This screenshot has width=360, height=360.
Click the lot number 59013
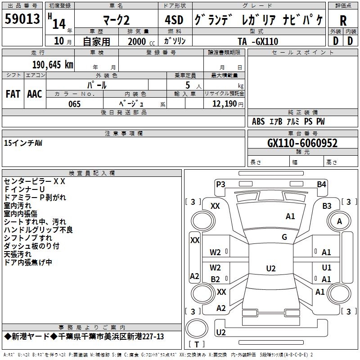click(22, 18)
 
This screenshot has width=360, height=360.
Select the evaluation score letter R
click(343, 21)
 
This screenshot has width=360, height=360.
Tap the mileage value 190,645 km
click(53, 65)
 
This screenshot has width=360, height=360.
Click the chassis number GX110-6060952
click(302, 143)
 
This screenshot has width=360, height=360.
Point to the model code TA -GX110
click(258, 41)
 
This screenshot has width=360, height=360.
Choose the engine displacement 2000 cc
click(141, 41)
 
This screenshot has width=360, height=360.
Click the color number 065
click(74, 104)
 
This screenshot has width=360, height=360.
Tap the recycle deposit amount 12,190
click(224, 104)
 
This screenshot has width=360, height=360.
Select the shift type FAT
click(13, 94)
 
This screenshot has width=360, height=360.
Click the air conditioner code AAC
click(35, 94)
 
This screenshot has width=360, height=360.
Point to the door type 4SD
click(174, 20)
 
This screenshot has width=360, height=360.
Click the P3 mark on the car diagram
click(220, 184)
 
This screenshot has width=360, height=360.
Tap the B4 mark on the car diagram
click(321, 184)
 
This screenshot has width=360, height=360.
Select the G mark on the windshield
click(284, 237)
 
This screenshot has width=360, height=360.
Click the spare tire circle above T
click(197, 328)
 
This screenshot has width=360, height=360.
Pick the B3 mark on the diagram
click(327, 206)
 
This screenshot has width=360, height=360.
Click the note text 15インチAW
click(23, 143)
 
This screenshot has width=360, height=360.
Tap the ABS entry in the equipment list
click(258, 121)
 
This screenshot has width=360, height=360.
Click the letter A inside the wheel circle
click(339, 221)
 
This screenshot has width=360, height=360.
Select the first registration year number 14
click(59, 24)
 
